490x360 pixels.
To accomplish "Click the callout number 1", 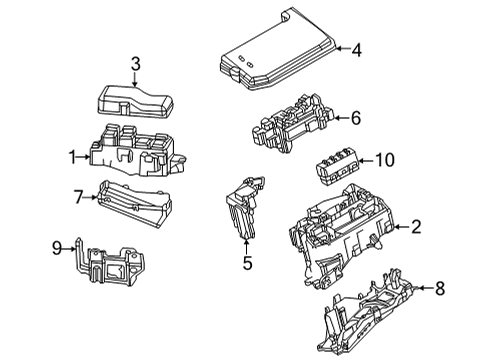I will pyautogui.click(x=72, y=155).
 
